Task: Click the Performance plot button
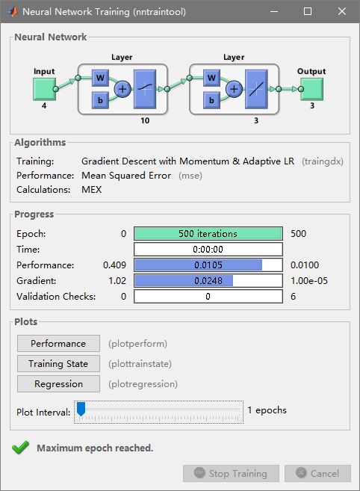[x=58, y=344]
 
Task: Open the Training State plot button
[x=58, y=363]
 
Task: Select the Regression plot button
[x=58, y=384]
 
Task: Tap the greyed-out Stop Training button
[x=231, y=474]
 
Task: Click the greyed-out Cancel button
[x=317, y=474]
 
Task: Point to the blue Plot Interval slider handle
[x=81, y=409]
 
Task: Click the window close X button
[x=342, y=11]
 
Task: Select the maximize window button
[x=308, y=11]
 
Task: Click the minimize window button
[x=274, y=12]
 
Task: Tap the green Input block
[x=44, y=89]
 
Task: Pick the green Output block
[x=311, y=89]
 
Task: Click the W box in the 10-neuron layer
[x=100, y=78]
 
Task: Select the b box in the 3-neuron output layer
[x=211, y=100]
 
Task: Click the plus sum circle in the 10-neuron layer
[x=122, y=89]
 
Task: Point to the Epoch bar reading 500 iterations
[x=208, y=234]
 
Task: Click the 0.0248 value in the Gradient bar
[x=208, y=280]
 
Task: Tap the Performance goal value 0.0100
[x=305, y=265]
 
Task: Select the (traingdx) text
[x=323, y=161]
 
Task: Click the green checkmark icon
[x=20, y=448]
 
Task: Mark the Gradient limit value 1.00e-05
[x=309, y=280]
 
